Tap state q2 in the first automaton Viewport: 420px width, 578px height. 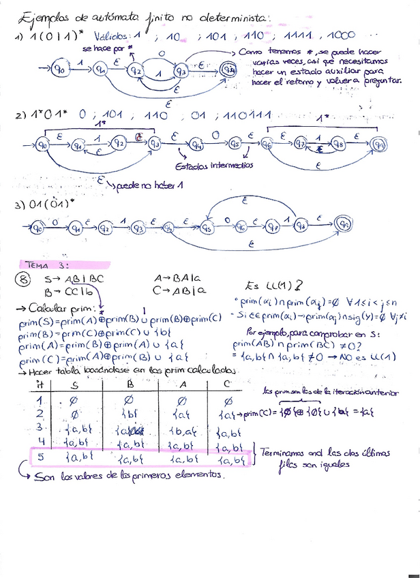(136, 70)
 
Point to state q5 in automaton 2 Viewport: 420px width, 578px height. (236, 144)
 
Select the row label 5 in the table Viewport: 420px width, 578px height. (40, 458)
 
